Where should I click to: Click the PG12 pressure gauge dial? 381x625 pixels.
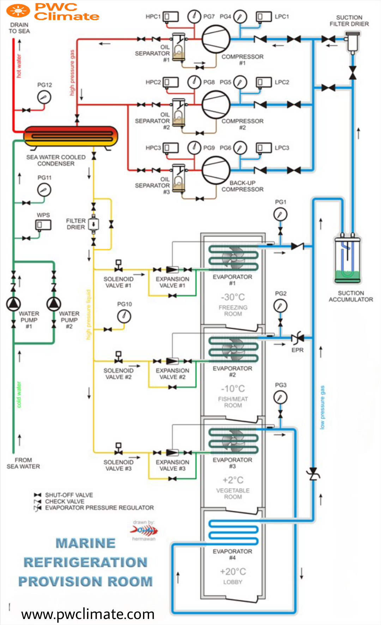point(44,97)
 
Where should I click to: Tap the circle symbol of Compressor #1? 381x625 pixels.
point(216,39)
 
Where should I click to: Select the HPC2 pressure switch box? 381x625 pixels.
point(171,82)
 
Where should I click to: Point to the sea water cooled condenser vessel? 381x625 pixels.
point(71,136)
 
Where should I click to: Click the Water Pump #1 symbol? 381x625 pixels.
point(13,304)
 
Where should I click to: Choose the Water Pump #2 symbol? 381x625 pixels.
point(54,304)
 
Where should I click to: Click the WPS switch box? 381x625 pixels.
point(43,225)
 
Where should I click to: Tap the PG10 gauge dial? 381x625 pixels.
point(124,316)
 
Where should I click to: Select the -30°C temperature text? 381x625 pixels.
point(233,297)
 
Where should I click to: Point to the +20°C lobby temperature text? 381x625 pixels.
point(233,571)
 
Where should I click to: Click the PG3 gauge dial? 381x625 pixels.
point(280,398)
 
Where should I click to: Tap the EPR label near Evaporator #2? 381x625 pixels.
point(297,350)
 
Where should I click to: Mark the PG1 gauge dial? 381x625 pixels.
point(280,214)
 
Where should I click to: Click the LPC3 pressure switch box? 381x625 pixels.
point(264,148)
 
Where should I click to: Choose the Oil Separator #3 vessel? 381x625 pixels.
point(179,178)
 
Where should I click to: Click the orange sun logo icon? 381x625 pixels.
point(18,11)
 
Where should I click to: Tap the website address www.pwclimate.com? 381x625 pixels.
point(88,614)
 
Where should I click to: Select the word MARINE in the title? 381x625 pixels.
point(86,543)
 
